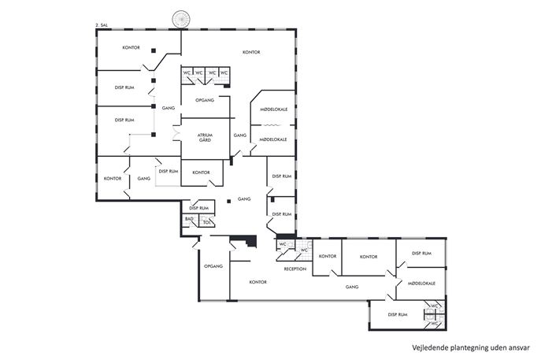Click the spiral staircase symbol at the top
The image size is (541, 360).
(x=181, y=20)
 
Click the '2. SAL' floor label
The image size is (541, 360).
(x=102, y=25)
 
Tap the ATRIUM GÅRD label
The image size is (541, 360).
(x=205, y=138)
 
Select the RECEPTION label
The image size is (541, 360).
(x=295, y=269)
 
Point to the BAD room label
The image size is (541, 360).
(x=189, y=219)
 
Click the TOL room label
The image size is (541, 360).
(x=206, y=223)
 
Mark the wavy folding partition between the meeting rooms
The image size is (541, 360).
(x=272, y=125)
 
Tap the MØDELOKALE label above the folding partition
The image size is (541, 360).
(x=273, y=109)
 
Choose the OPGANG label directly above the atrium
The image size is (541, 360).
(x=205, y=100)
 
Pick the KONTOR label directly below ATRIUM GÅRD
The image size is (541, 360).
(x=201, y=173)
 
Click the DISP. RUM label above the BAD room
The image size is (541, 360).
(x=198, y=208)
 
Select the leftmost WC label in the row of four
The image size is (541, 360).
(x=187, y=72)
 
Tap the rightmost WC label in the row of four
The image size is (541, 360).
(x=224, y=72)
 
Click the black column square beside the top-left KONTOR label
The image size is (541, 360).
(x=154, y=50)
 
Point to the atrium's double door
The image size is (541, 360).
(x=176, y=133)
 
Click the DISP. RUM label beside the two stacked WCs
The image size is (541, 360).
(x=398, y=315)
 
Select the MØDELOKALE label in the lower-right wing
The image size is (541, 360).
(x=421, y=284)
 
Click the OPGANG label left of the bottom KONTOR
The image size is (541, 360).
(x=213, y=266)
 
